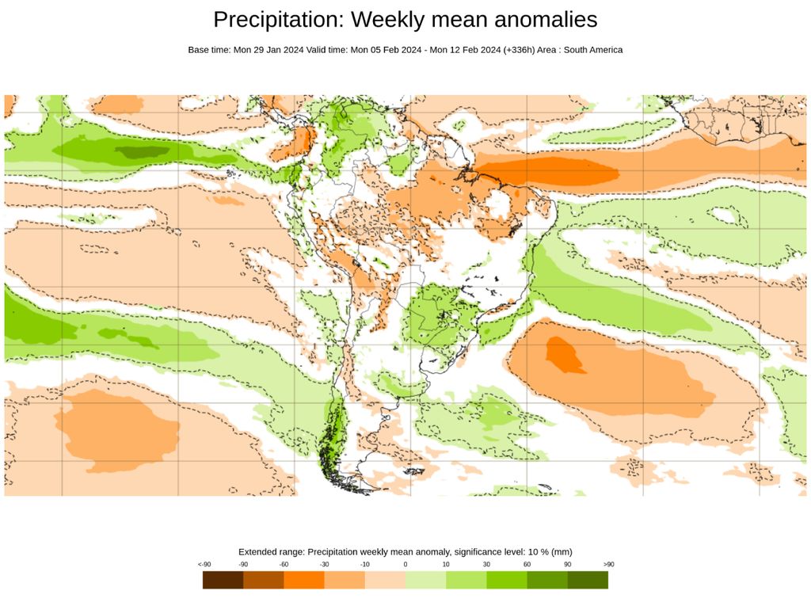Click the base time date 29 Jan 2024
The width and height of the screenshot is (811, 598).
[x=278, y=50]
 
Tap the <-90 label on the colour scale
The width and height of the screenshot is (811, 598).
[x=204, y=564]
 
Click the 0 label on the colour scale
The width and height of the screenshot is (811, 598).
[x=405, y=564]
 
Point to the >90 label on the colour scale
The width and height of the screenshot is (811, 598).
[x=608, y=564]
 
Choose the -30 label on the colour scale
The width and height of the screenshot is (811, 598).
[x=324, y=564]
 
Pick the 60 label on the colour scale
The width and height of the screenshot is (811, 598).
[x=527, y=564]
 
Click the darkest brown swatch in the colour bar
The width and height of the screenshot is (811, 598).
[x=223, y=580]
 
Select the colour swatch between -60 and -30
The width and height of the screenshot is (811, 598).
[x=304, y=580]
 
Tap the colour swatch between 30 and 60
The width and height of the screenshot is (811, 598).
[x=507, y=580]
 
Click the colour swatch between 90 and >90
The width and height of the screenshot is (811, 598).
[x=588, y=580]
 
